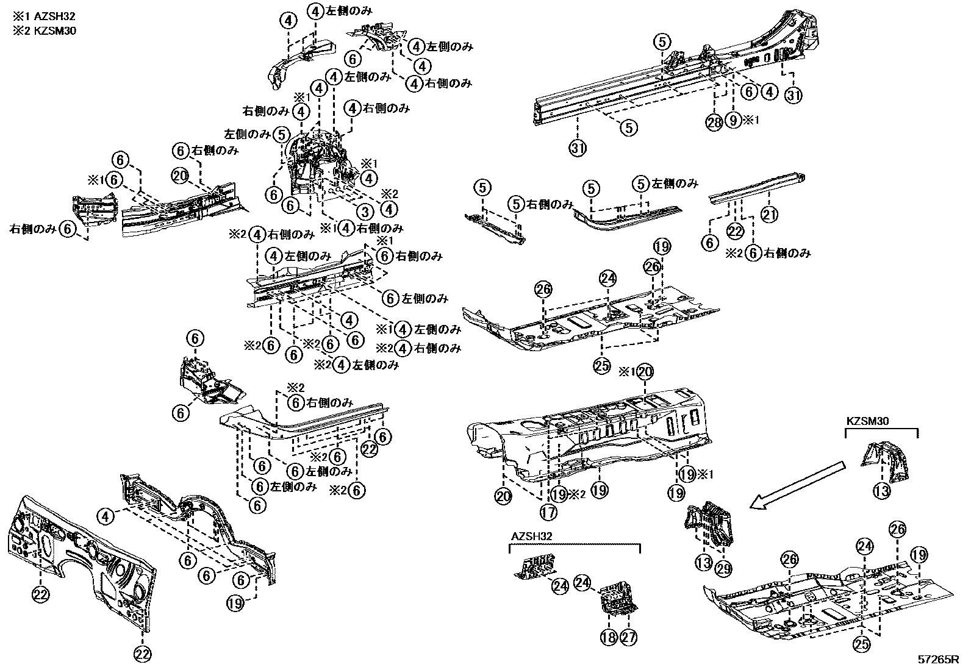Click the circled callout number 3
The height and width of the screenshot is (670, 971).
365,212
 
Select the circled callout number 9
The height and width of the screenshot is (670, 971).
734,121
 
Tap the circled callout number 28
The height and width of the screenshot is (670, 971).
714,121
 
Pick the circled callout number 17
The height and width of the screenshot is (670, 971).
548,512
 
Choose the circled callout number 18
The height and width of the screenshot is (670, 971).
608,638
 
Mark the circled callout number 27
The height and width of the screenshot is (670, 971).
629,638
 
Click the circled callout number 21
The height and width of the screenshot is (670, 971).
769,213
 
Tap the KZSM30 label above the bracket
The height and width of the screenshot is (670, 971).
867,421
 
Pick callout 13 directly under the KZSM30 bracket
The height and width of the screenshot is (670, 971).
881,491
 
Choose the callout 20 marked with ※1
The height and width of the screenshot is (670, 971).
646,371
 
